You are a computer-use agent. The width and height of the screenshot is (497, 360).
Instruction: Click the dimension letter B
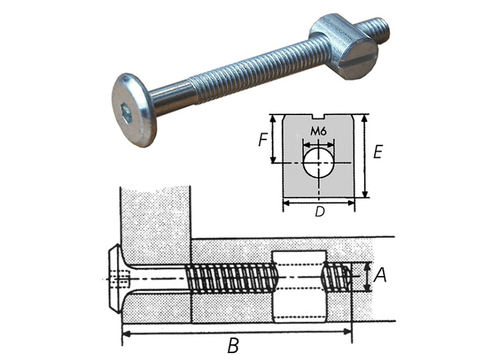(x=233, y=346)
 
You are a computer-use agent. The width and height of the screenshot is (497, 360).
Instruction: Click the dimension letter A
(x=380, y=275)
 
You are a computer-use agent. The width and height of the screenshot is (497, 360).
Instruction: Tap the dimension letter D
(x=319, y=212)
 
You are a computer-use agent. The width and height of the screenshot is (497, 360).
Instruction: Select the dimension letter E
(x=378, y=152)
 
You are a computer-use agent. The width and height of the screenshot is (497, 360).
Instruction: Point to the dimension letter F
(x=262, y=140)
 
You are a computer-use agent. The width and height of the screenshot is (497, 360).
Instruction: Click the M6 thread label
(x=318, y=131)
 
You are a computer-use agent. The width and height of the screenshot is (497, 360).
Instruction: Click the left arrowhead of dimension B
(x=126, y=334)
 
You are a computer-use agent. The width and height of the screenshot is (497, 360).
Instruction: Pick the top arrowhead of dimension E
(x=365, y=119)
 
